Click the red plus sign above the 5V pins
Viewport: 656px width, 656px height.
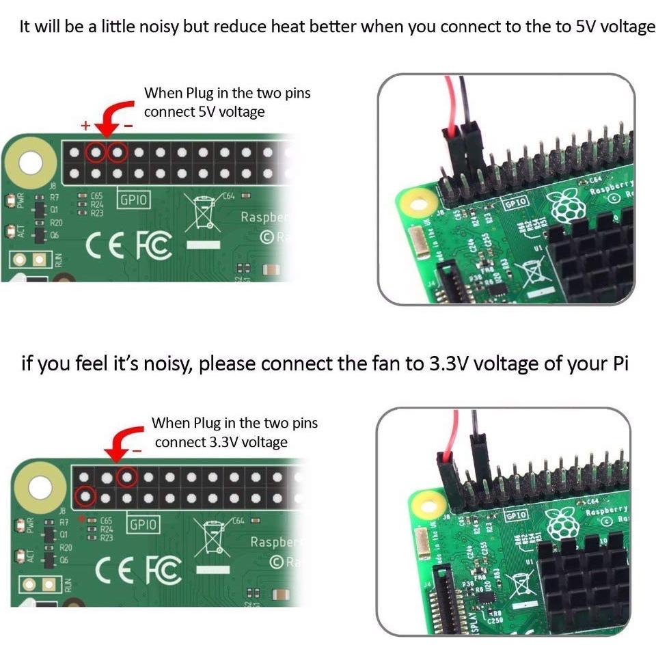[85, 126]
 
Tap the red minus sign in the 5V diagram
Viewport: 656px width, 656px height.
[128, 126]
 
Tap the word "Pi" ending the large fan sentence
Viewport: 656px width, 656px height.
[617, 363]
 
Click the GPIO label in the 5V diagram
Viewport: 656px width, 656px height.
[135, 200]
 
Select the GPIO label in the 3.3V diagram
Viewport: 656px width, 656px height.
[143, 525]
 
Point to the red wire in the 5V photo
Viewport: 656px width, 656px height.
[449, 102]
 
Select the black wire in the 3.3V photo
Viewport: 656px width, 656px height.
[474, 437]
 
